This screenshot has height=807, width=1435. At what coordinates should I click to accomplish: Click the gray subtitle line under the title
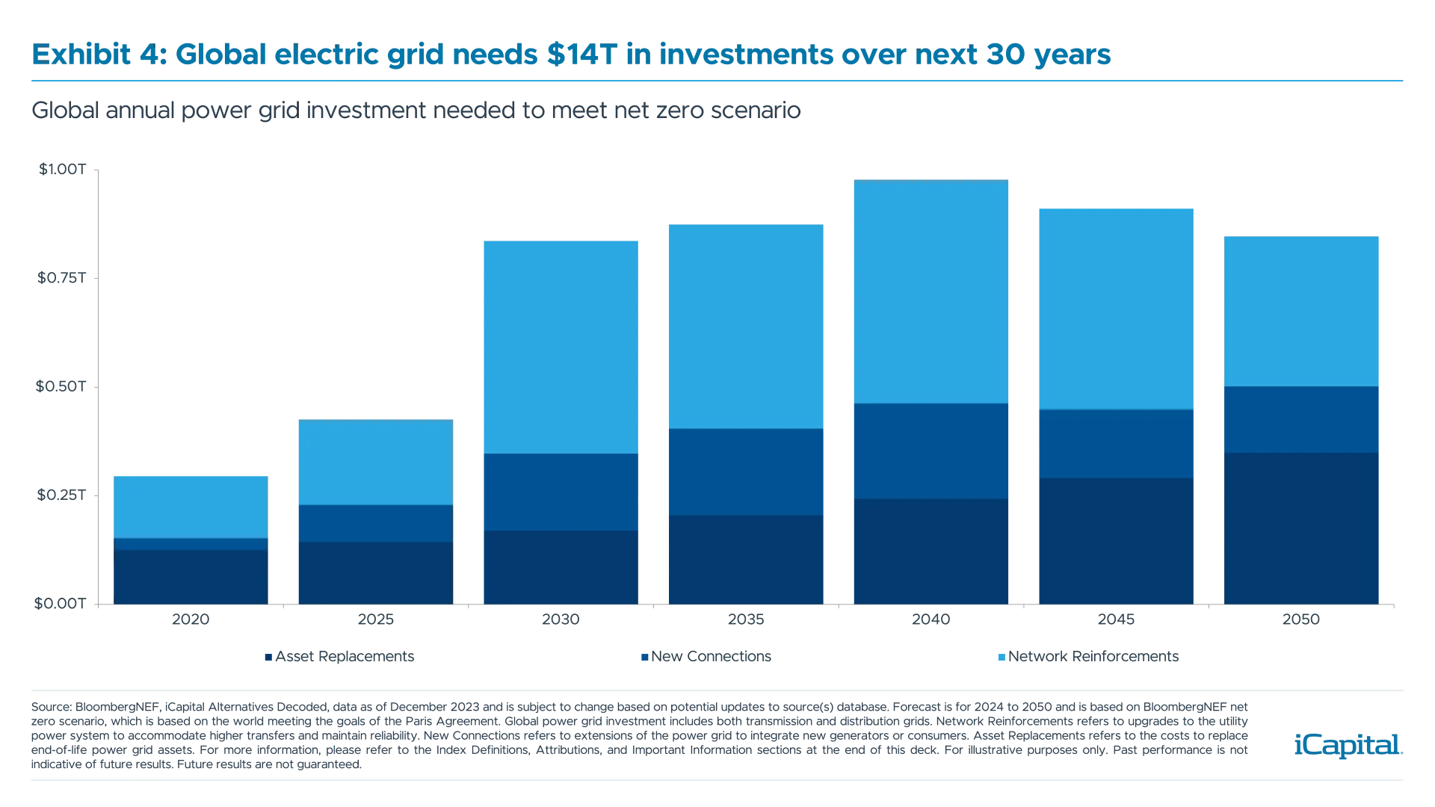(415, 111)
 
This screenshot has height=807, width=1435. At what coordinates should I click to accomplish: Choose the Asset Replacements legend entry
(340, 658)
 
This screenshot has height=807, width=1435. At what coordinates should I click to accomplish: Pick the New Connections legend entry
(706, 658)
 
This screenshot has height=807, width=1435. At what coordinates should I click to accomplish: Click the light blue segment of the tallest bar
(931, 291)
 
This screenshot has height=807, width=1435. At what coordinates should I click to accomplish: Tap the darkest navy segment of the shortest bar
(191, 576)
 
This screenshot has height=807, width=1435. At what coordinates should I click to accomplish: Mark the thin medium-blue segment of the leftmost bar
(191, 544)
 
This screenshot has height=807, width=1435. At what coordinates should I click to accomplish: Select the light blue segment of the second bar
(374, 462)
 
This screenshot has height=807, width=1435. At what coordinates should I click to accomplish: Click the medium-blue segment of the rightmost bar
(1300, 419)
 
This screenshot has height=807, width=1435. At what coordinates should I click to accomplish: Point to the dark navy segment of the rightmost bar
(1300, 528)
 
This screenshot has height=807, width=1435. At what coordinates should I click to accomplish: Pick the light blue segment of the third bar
(560, 347)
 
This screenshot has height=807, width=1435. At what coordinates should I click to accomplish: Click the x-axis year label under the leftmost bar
(190, 620)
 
